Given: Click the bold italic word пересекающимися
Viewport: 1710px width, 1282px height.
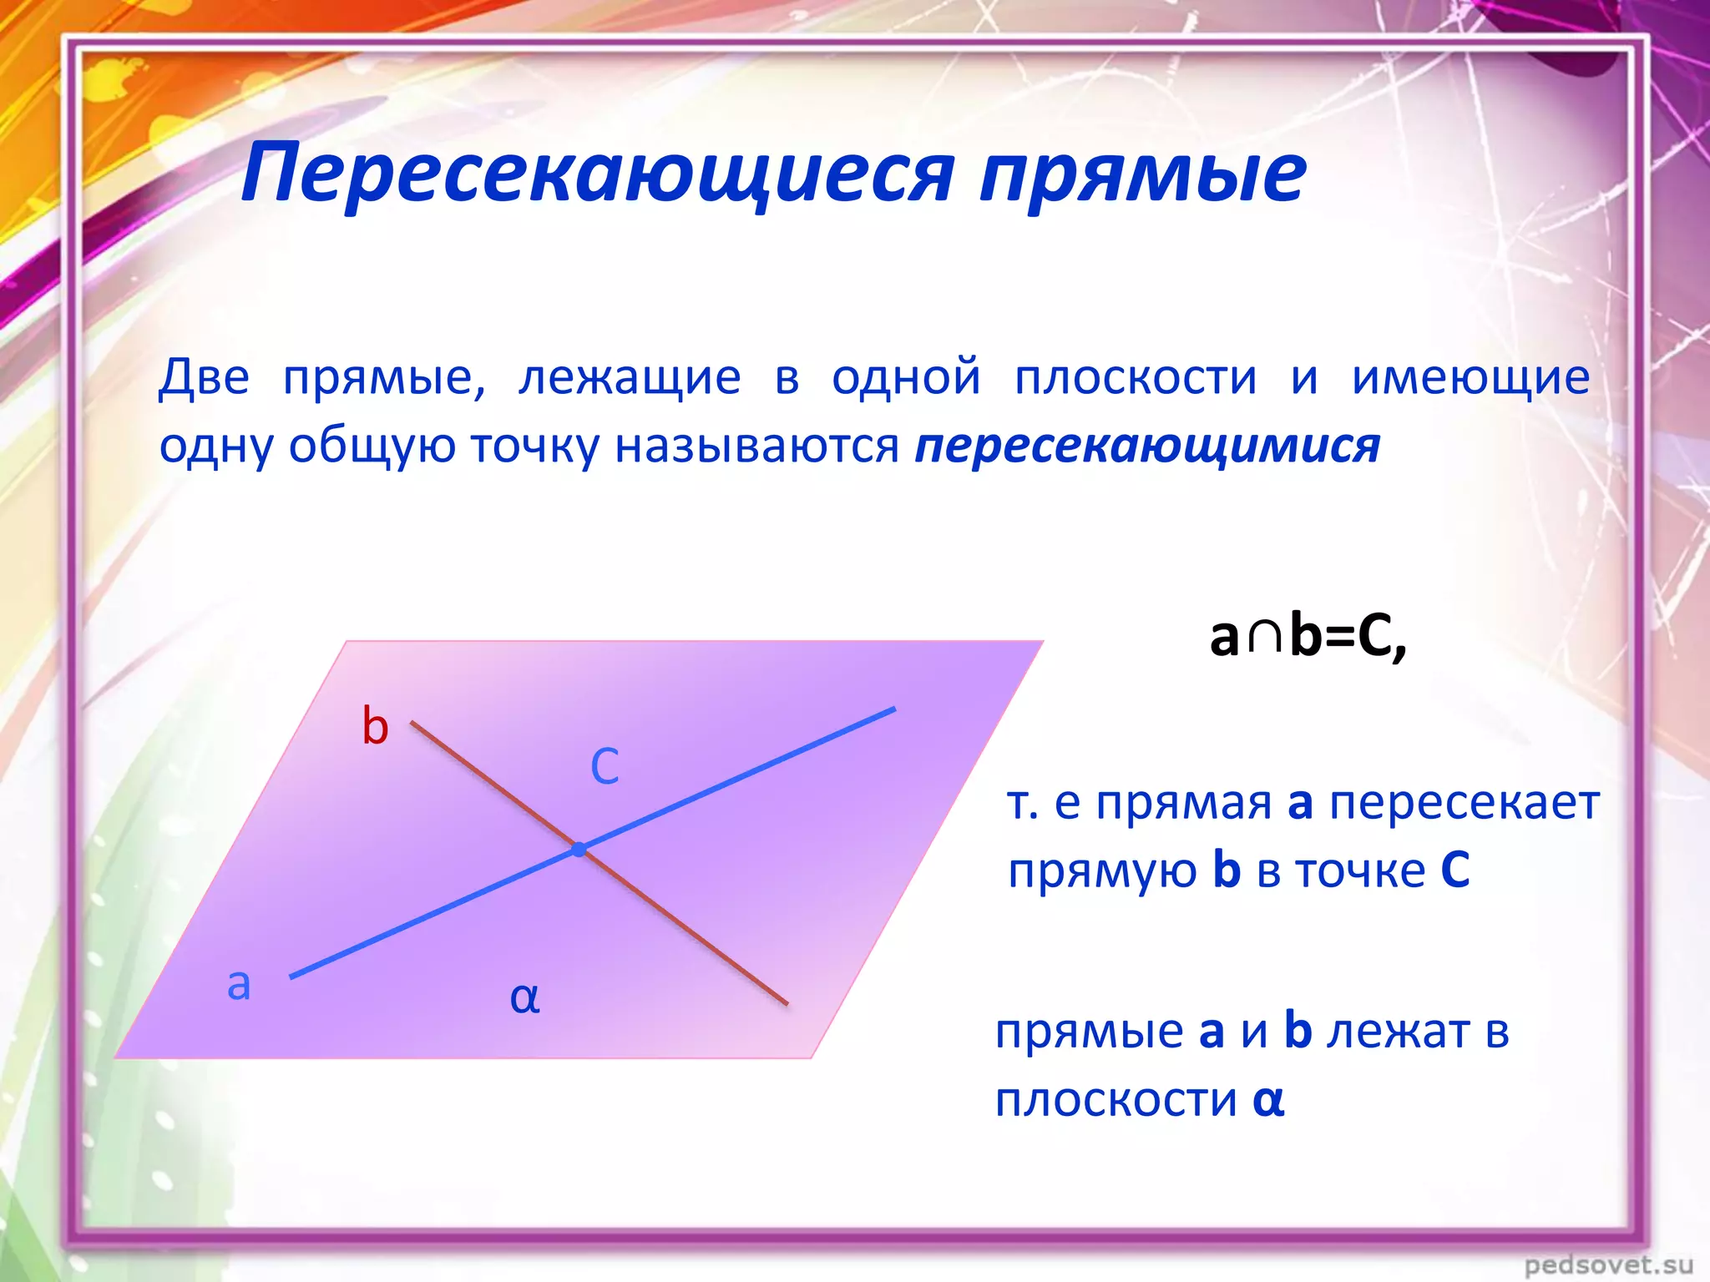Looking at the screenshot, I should coord(1147,446).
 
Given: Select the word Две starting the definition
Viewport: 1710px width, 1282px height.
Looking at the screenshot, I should coord(204,377).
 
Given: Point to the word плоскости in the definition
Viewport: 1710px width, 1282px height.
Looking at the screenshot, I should coord(1136,377).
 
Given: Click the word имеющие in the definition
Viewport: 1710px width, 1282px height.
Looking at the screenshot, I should coord(1470,377).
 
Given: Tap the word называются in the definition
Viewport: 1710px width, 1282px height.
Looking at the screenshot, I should coord(756,446).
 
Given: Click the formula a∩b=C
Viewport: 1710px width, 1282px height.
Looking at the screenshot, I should coord(1308,636).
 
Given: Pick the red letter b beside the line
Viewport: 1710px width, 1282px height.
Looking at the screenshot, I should coord(375,725).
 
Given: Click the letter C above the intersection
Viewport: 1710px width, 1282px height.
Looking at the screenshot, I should coord(605,766).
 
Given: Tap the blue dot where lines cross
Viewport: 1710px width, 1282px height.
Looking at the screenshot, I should coord(579,850).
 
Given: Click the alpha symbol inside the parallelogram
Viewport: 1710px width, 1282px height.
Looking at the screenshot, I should coord(524,997).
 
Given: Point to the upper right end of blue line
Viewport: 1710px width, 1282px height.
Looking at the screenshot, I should coord(893,710).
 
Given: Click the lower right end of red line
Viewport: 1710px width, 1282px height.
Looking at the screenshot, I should coord(785,1002).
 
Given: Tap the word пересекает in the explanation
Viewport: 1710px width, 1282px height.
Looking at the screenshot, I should coord(1464,804).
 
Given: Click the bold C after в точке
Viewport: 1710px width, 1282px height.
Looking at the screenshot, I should coord(1455,871).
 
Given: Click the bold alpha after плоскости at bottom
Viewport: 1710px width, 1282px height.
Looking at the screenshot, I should coord(1267,1100).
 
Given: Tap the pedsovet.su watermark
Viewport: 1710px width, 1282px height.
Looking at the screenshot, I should coord(1608,1264).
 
